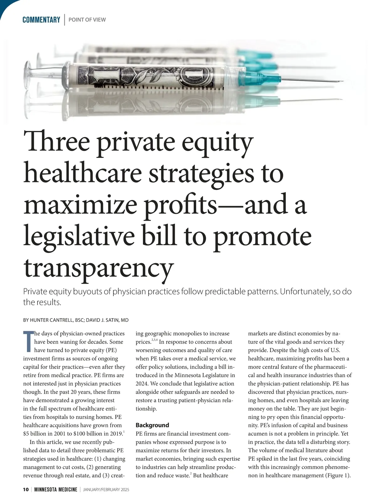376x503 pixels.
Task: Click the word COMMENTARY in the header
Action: coord(41,20)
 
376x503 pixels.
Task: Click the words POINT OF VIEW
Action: coord(87,20)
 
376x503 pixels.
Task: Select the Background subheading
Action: coord(152,425)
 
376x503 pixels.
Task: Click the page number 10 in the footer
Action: coord(26,490)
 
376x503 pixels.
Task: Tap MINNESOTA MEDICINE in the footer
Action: coord(56,490)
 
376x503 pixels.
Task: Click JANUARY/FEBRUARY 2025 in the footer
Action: coord(106,490)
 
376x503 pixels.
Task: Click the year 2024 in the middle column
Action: coord(142,383)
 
